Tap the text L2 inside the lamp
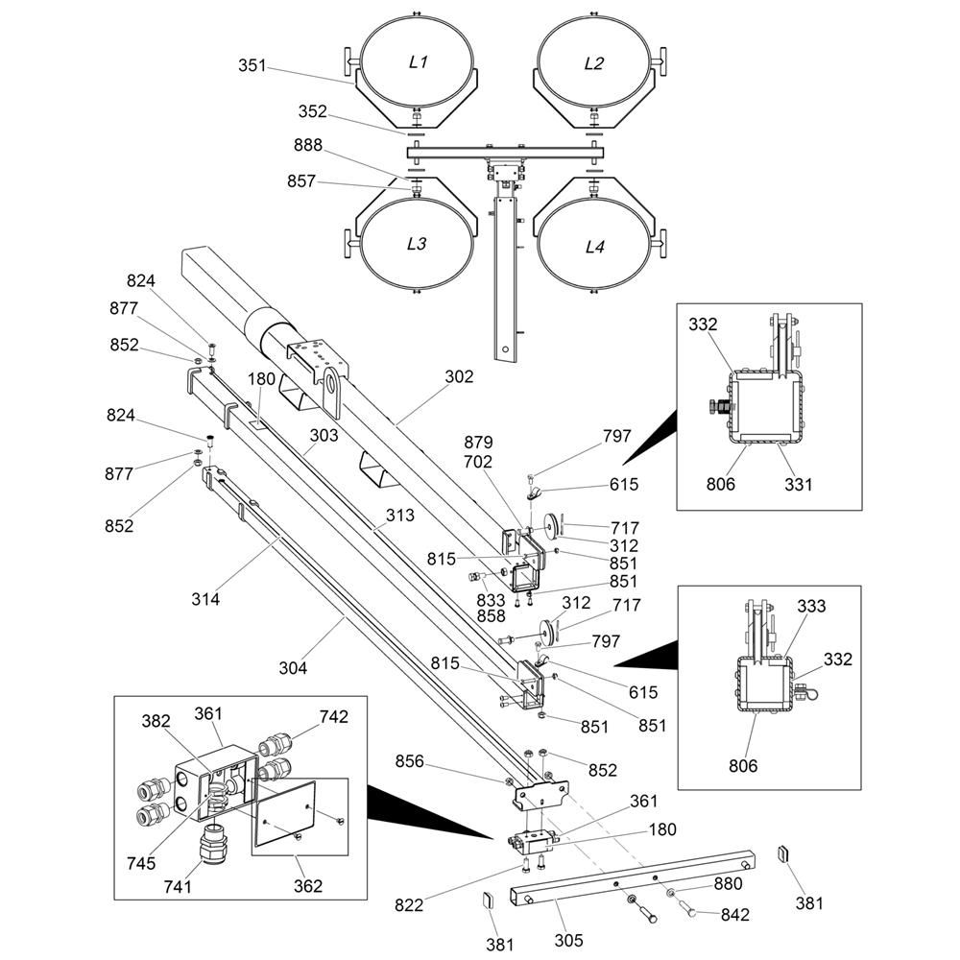coord(594,63)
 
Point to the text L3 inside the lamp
coord(416,244)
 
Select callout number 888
coord(308,146)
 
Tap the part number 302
coord(459,377)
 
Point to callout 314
coord(204,599)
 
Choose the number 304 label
coord(293,668)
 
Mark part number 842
coord(734,915)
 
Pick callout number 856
coord(410,761)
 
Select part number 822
coord(410,903)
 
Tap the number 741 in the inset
coord(178,886)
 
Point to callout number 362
coord(307,886)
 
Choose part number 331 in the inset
coord(798,484)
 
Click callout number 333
coord(810,606)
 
